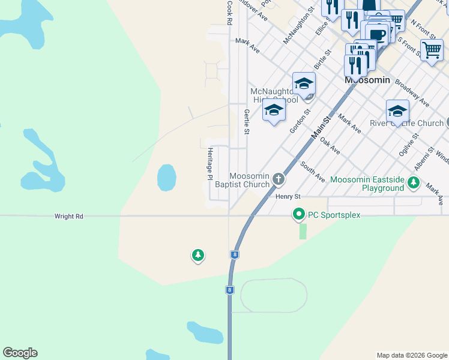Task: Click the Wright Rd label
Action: [68, 216]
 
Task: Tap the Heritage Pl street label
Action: [210, 163]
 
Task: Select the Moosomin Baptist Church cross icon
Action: [278, 178]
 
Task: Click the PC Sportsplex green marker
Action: [298, 214]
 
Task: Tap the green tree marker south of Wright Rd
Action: [197, 256]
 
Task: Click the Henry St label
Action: [288, 196]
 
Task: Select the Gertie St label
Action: [247, 122]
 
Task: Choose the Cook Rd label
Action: [229, 12]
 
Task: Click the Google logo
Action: [20, 353]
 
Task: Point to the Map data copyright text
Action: [411, 355]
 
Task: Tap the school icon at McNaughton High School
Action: [304, 83]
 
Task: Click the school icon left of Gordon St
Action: [274, 110]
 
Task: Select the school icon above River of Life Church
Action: [397, 111]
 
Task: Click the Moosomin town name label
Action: [367, 80]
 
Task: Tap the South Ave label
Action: [312, 172]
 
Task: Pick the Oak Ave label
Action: [330, 145]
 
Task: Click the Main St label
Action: [322, 128]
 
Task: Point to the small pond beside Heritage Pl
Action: [166, 178]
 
